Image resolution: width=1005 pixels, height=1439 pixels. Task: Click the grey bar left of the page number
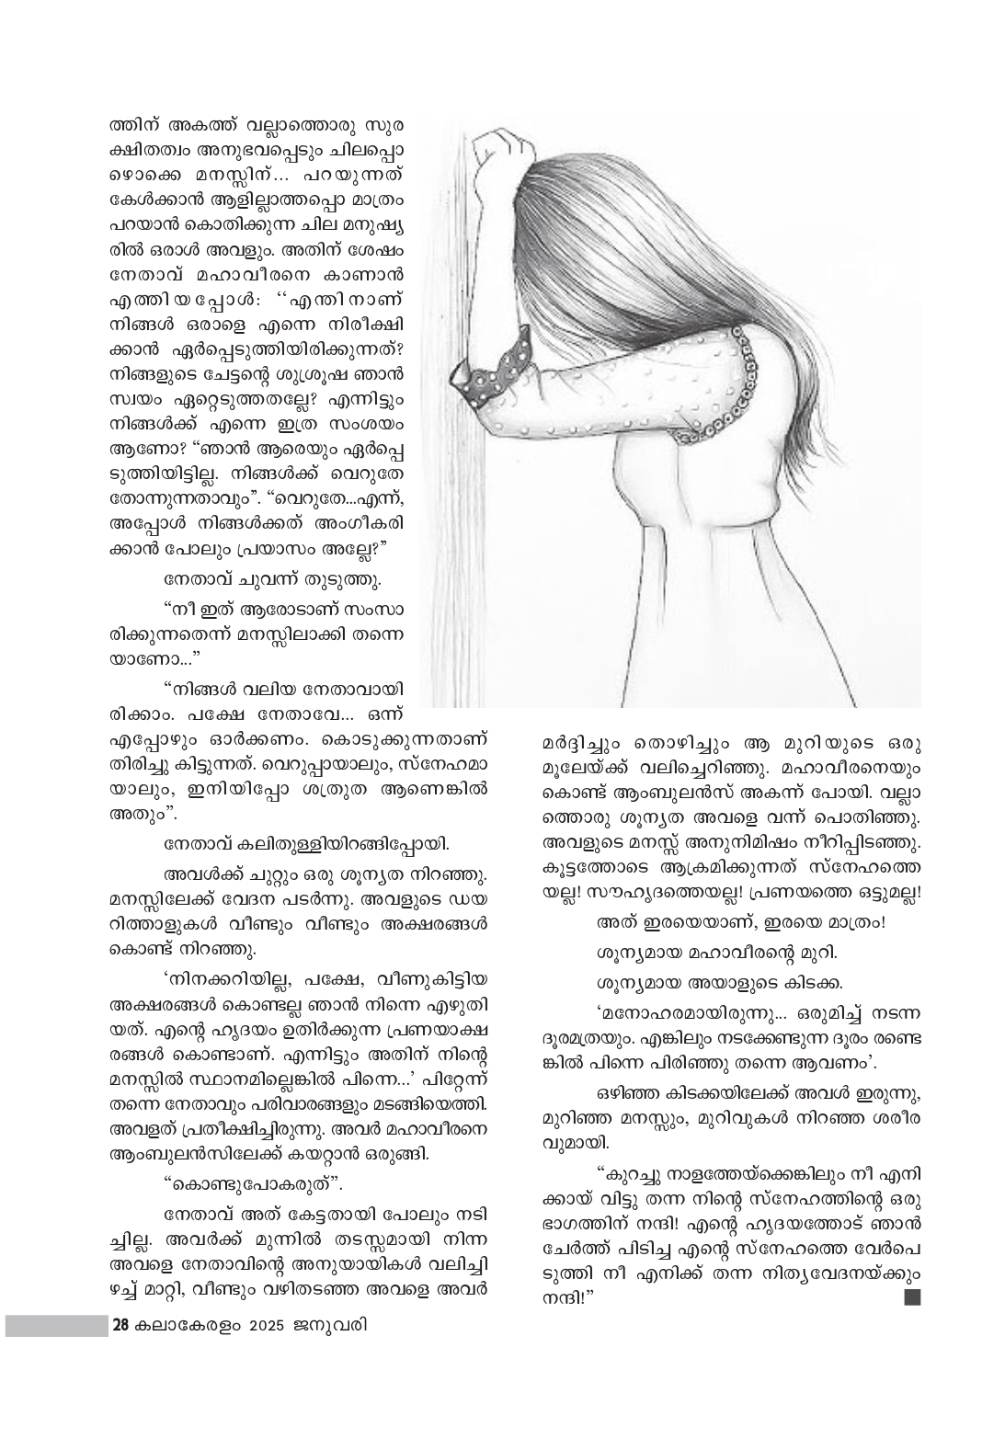55,1325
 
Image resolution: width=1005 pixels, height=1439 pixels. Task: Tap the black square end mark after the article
911,1297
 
